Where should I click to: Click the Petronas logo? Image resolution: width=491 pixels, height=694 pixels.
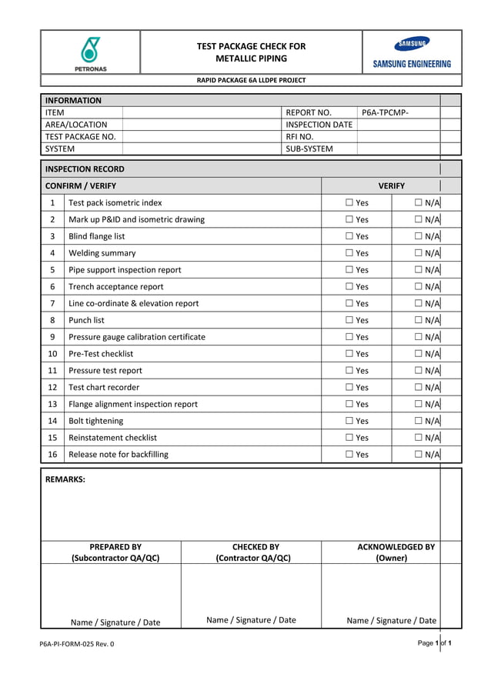91,52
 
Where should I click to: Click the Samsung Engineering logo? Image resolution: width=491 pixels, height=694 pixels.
412,52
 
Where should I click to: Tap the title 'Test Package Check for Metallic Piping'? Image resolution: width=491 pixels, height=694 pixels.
251,52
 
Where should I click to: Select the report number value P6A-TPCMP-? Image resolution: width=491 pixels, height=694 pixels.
385,112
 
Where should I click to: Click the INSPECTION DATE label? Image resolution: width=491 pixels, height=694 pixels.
319,125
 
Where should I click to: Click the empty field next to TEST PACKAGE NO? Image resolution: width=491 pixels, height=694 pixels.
202,137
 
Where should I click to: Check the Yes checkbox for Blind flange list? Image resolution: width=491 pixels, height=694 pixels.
349,236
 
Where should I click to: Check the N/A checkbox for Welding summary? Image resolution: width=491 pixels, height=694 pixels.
418,253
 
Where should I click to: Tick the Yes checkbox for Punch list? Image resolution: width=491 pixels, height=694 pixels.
349,320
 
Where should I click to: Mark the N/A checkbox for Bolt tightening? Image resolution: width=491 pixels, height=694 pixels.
418,421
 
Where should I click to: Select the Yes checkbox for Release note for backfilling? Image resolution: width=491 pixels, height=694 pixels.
349,455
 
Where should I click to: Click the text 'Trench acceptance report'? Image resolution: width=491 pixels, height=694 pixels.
116,287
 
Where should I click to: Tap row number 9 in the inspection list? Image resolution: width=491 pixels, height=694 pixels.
52,337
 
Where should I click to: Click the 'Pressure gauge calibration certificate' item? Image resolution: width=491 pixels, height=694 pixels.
137,337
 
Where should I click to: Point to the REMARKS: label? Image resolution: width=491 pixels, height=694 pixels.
65,479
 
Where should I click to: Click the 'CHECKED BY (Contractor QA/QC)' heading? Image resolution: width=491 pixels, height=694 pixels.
253,552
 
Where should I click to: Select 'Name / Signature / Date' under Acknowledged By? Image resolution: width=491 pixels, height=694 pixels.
391,620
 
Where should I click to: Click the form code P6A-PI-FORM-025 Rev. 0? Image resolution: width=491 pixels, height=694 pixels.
77,644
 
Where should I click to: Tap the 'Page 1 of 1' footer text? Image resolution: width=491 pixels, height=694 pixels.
434,642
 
